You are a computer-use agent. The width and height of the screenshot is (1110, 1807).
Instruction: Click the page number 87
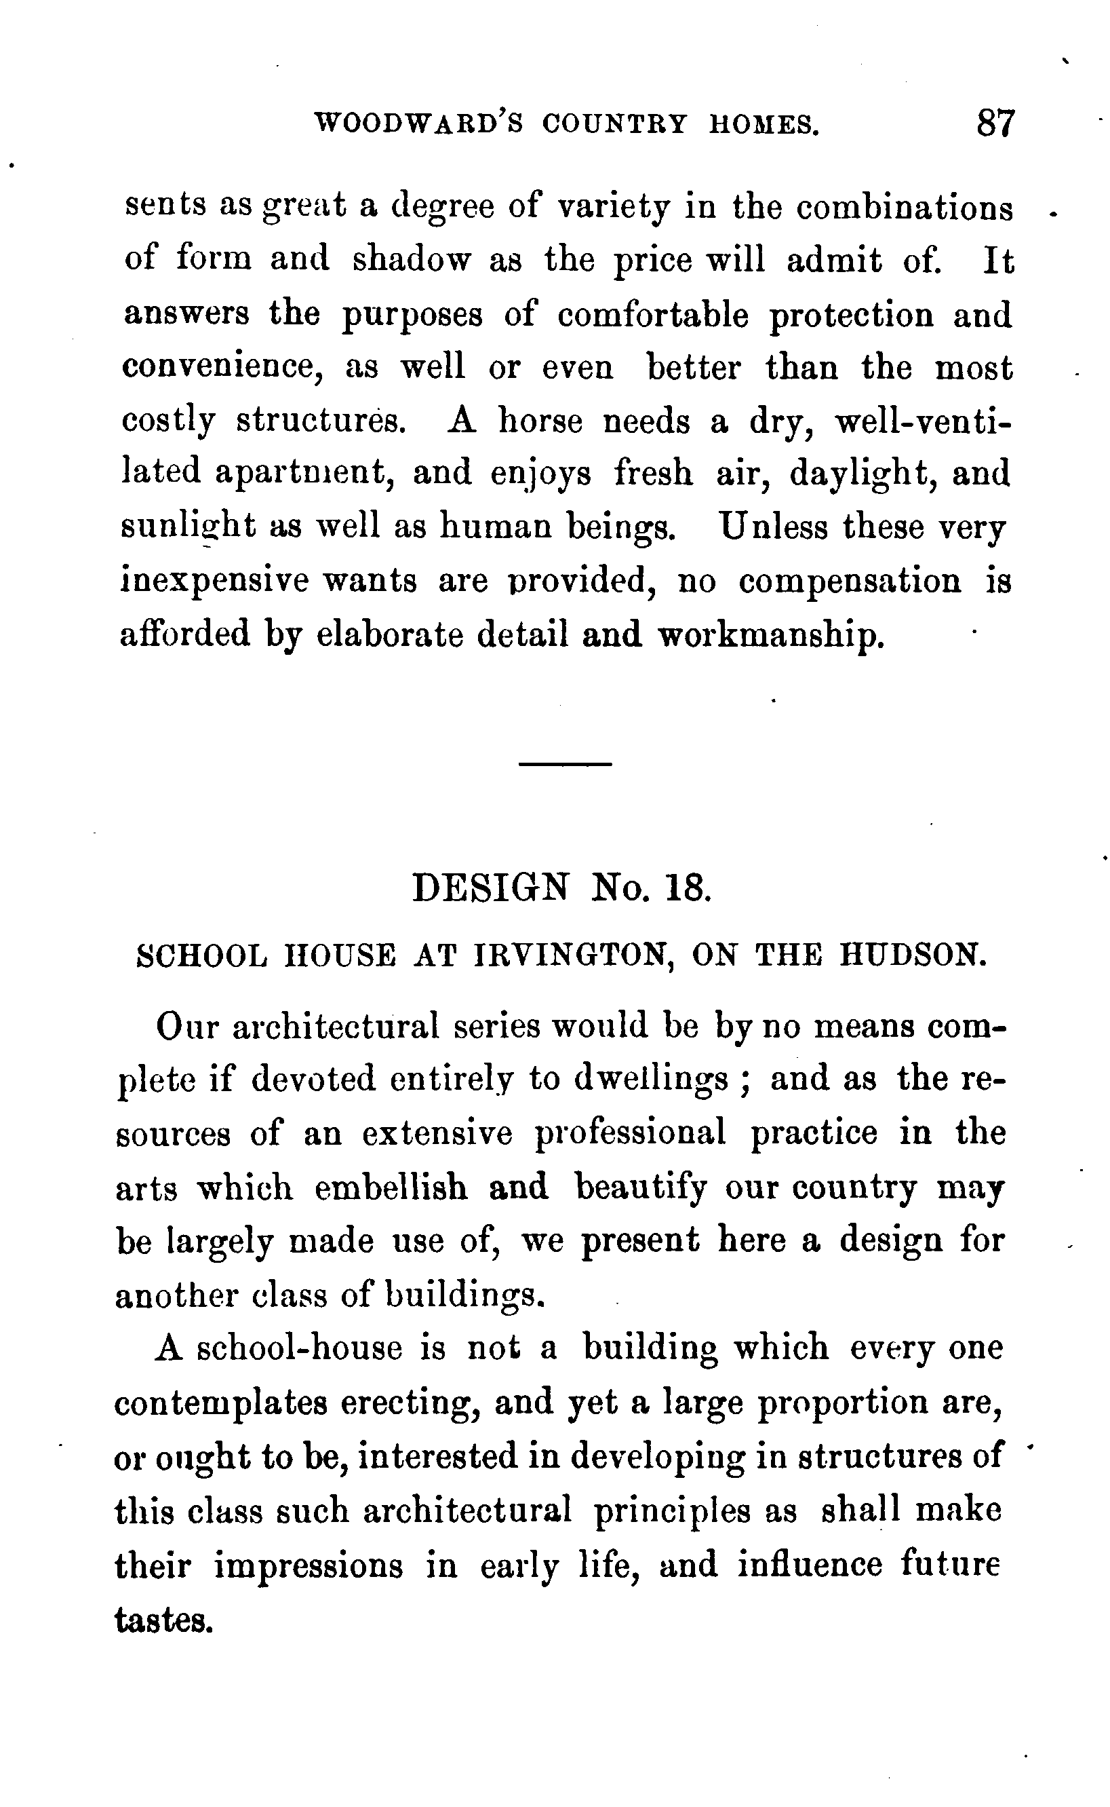click(995, 123)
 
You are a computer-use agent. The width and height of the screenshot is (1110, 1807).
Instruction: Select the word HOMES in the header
click(764, 124)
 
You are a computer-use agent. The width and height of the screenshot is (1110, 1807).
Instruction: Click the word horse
click(540, 421)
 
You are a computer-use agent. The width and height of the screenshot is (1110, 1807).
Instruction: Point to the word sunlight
click(189, 527)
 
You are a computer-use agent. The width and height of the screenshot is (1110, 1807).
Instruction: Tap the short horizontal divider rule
click(565, 765)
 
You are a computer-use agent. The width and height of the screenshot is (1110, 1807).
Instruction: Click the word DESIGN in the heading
click(490, 888)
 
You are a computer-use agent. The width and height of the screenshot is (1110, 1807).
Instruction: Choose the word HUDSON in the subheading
click(912, 955)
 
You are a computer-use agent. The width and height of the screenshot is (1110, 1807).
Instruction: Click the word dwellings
click(652, 1078)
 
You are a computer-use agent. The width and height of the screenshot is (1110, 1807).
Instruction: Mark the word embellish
click(391, 1187)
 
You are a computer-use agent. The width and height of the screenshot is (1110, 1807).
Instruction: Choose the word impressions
click(309, 1565)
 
